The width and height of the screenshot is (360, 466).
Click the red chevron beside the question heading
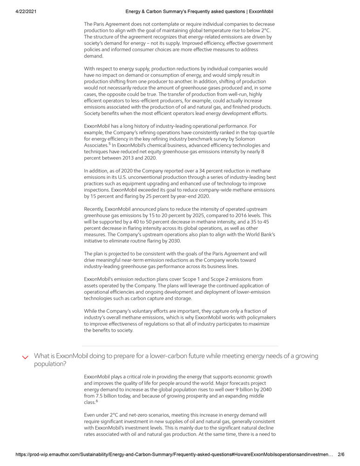26,357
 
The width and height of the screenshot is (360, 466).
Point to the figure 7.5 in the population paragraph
101,396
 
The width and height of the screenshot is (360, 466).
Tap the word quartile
265,132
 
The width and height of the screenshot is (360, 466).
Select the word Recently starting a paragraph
94,209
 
